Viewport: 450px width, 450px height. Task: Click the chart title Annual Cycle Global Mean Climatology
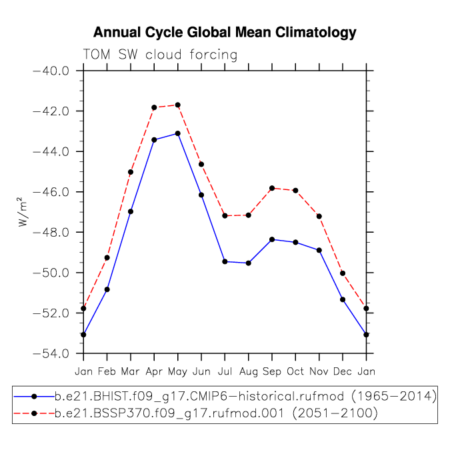tap(225, 33)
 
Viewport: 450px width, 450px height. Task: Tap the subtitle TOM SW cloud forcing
tap(160, 55)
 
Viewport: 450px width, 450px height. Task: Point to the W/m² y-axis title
tap(23, 212)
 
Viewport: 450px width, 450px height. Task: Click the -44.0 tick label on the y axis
tap(51, 151)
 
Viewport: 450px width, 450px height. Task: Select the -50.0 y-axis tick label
tap(51, 273)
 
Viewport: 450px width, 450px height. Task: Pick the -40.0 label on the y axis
tap(51, 71)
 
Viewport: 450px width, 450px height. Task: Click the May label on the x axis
tap(177, 372)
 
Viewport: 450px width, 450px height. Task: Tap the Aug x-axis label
tap(249, 372)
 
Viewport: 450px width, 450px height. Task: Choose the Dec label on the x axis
tap(343, 371)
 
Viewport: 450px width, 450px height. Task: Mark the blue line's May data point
tap(177, 133)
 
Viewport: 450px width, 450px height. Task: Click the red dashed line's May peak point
tap(177, 105)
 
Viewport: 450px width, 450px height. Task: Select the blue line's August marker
tap(249, 263)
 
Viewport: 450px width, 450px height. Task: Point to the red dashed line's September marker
tap(272, 188)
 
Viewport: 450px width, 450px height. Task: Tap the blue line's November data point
tap(319, 250)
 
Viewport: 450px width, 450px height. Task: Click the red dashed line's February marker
tap(107, 258)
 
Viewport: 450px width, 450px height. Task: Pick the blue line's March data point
tap(131, 211)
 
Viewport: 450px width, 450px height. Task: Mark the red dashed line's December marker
tap(343, 273)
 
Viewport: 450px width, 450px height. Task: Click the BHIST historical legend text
tap(245, 397)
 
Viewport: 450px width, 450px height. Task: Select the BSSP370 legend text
tap(216, 413)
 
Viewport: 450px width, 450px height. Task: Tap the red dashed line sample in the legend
tap(34, 413)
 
